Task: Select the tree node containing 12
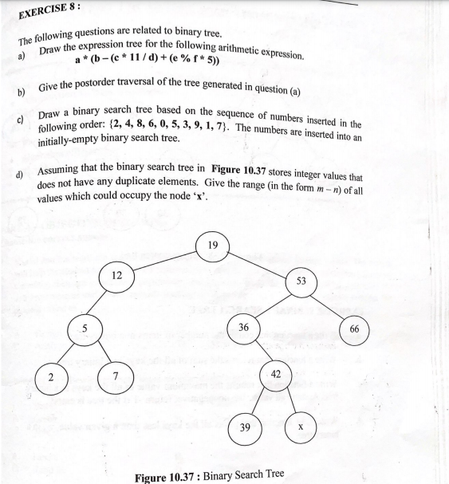[x=116, y=276]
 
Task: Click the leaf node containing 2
[x=50, y=379]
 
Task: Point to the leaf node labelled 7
[x=116, y=379]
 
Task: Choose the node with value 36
[x=243, y=327]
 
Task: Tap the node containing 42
[x=274, y=376]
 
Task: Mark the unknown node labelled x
[x=299, y=427]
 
